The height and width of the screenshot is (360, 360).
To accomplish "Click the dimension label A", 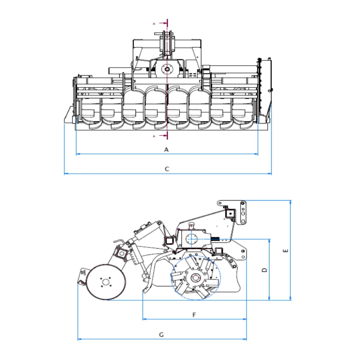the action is click(x=166, y=150).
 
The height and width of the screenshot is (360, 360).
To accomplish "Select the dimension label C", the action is click(x=167, y=169).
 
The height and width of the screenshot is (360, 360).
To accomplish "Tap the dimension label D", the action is click(x=265, y=270).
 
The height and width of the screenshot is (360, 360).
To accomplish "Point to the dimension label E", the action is click(x=285, y=251).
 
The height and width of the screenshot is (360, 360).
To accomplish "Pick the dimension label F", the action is click(x=194, y=315).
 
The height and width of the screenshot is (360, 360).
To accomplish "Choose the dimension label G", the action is click(x=161, y=335).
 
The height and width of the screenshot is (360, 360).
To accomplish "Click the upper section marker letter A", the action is click(x=154, y=24).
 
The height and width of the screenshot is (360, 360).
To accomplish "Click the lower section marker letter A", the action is click(x=154, y=136).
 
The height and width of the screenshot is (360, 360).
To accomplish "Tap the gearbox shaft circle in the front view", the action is click(x=167, y=69).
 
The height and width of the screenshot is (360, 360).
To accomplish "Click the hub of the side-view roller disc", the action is click(x=105, y=282).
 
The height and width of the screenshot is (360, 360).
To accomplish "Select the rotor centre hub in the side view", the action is click(x=195, y=278).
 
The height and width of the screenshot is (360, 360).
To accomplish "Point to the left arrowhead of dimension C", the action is click(x=66, y=174).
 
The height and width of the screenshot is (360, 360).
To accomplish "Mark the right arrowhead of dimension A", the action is click(x=256, y=154).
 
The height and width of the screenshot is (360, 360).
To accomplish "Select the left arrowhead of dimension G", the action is click(x=80, y=339).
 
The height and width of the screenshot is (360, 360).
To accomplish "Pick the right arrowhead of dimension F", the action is click(x=244, y=319).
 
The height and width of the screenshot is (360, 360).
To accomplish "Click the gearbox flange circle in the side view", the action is click(x=191, y=239).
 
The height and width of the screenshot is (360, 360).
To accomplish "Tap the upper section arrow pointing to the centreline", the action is click(x=163, y=23).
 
